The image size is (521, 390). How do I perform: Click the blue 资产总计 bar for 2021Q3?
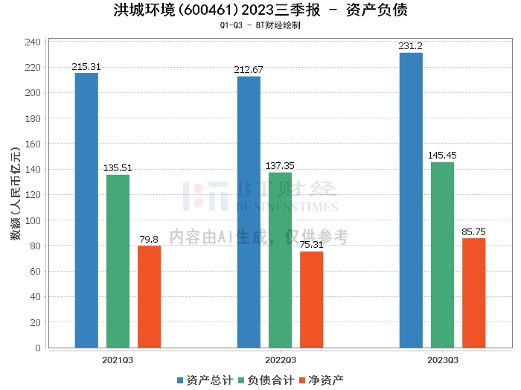86,210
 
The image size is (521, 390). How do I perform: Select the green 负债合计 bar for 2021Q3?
118,260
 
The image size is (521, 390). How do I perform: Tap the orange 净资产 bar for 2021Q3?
149,296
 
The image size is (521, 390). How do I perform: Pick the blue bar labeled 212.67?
249,211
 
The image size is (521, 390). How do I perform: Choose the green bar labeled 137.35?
280,260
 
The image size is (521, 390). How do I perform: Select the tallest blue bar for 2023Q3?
411,199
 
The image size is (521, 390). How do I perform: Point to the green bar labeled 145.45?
442,255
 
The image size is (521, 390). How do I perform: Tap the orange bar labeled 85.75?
473,292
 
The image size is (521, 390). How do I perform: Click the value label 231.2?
410,46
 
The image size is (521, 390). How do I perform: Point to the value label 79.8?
149,240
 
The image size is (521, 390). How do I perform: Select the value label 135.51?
118,168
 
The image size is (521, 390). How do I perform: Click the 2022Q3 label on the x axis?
281,359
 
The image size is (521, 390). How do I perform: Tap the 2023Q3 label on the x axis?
443,359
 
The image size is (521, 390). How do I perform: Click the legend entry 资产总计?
200,380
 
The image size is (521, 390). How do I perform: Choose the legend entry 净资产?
322,380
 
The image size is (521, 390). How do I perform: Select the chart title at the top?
260,10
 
